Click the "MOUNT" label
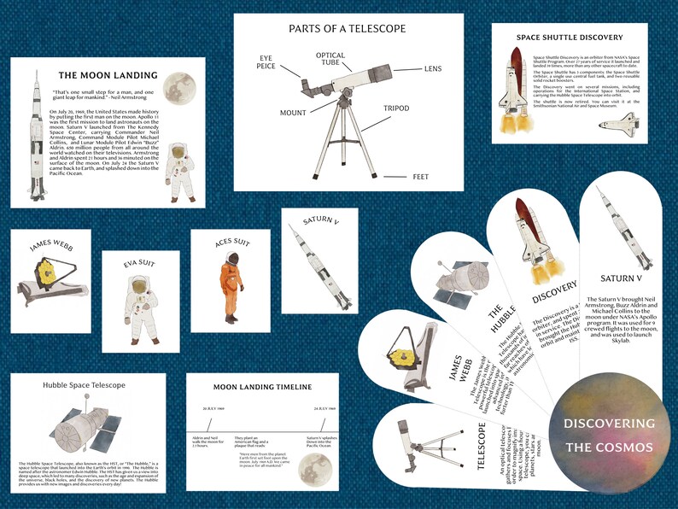(293, 112)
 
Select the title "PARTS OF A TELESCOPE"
(347, 28)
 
